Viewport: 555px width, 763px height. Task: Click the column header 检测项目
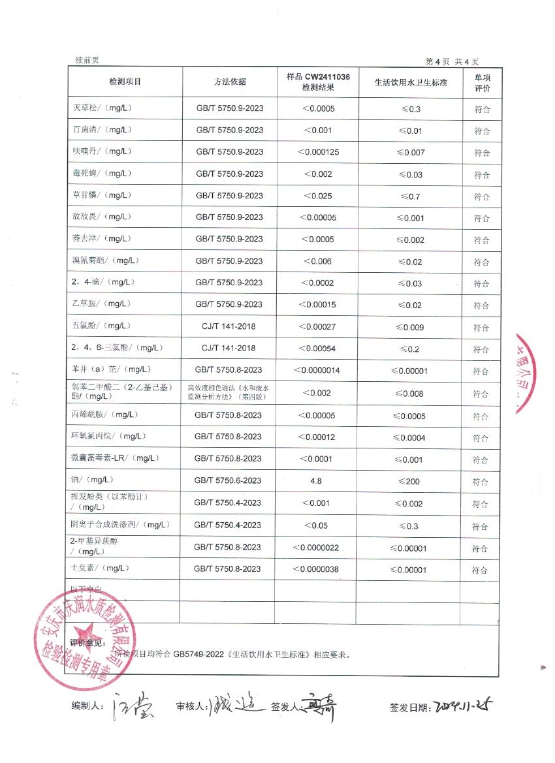[125, 82]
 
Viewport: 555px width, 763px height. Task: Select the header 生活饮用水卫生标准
[411, 83]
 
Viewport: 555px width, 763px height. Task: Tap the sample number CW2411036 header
[318, 77]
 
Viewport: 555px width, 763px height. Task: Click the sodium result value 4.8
[317, 481]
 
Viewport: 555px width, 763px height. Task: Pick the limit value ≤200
[410, 481]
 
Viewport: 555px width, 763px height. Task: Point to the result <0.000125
[318, 152]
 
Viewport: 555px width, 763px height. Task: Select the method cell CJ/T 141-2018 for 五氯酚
[229, 326]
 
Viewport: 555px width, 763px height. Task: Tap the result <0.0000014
[317, 371]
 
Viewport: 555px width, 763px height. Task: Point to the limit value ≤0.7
[410, 196]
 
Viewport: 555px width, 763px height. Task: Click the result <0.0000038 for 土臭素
[317, 570]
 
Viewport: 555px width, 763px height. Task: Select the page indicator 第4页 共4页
[452, 61]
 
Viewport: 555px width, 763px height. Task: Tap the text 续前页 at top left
[86, 60]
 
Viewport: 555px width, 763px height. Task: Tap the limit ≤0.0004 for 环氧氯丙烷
[410, 437]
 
